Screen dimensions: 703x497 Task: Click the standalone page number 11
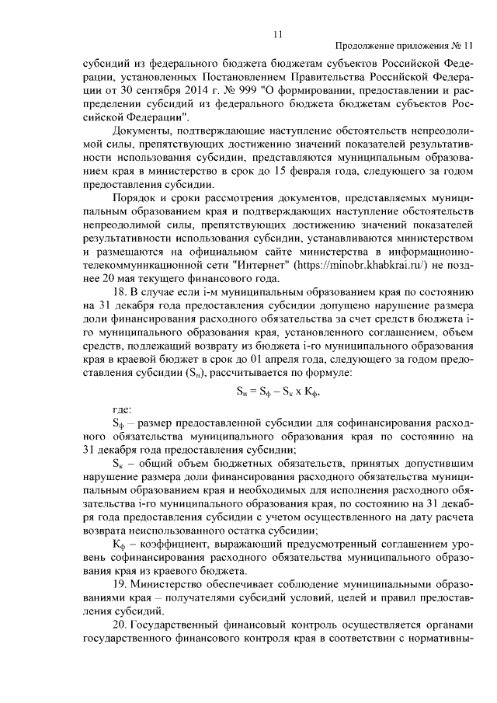tap(277, 33)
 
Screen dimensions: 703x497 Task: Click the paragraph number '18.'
tap(120, 293)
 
